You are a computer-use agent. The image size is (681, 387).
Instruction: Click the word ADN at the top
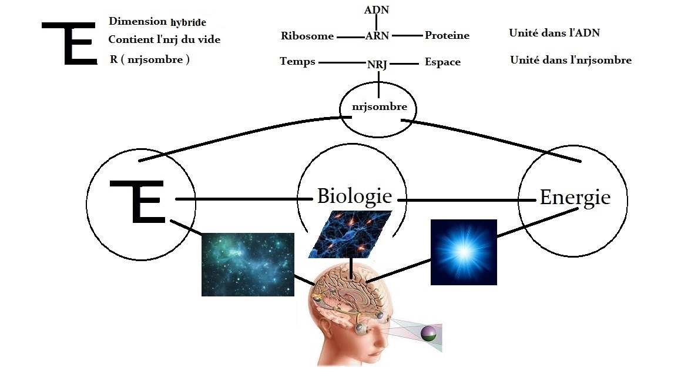coord(377,10)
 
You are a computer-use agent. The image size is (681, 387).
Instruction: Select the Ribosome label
coord(307,36)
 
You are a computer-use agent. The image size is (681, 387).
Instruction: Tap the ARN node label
coord(377,36)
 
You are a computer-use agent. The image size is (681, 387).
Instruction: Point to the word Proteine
coord(447,35)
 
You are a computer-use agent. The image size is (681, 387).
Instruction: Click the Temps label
coord(297,62)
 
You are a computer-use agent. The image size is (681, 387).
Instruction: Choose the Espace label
coord(442,62)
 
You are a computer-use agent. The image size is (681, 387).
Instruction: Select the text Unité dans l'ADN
coord(554,33)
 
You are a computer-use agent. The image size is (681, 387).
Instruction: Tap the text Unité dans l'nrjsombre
coord(571,60)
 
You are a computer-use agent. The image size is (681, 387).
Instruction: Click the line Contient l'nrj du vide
coord(164,40)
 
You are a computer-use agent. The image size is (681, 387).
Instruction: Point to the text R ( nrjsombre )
coord(149,59)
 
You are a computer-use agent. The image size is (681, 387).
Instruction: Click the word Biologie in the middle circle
coord(354,196)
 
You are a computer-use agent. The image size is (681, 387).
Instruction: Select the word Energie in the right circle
coord(575,198)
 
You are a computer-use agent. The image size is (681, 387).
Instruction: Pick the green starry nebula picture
coord(247,264)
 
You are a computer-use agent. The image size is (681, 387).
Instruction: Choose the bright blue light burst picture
coord(464,252)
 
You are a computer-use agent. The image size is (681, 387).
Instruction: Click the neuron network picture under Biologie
coord(351,234)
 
